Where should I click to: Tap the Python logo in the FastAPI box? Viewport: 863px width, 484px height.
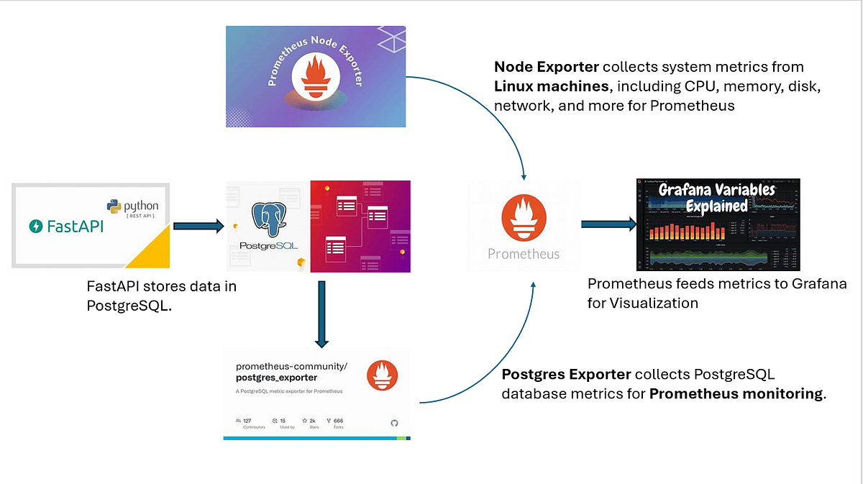114,206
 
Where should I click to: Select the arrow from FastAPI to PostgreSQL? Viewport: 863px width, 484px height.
198,227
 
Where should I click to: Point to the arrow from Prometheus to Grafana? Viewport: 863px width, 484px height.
608,224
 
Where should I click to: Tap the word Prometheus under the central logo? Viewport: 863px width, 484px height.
523,254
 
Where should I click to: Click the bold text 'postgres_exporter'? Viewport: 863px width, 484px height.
276,378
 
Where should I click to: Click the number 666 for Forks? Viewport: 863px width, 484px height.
338,420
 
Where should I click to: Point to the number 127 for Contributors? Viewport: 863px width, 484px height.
247,420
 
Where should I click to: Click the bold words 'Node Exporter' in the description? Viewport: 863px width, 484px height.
546,67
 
